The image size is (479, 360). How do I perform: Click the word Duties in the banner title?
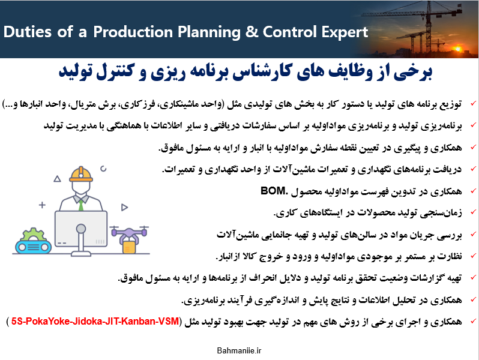(x=27, y=32)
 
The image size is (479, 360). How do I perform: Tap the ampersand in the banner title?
(x=252, y=32)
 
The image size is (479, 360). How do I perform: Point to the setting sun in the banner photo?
(x=457, y=48)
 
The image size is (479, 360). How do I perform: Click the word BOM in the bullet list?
(x=273, y=191)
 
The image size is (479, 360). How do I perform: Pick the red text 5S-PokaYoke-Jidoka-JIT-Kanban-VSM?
(x=95, y=321)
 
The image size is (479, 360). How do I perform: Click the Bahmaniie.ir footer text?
(x=239, y=350)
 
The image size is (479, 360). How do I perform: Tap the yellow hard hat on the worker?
(x=81, y=175)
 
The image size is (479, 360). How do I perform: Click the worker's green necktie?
(x=81, y=205)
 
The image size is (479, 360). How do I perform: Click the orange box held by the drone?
(x=129, y=247)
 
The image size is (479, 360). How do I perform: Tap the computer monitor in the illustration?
(x=81, y=229)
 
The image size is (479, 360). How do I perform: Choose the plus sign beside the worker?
(x=42, y=205)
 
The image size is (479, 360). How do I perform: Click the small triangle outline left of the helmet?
(x=57, y=179)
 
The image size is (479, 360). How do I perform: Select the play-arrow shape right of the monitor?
(x=124, y=208)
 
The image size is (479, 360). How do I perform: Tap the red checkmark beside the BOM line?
(x=473, y=191)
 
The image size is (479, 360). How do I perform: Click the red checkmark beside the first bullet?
(x=473, y=103)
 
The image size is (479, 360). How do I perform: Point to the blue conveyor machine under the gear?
(x=33, y=247)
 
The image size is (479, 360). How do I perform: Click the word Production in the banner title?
(x=133, y=32)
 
